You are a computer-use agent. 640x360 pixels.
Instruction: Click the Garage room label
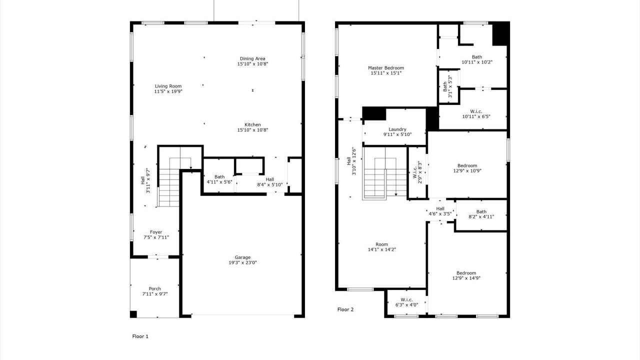click(242, 257)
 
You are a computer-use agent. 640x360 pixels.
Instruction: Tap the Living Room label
click(168, 86)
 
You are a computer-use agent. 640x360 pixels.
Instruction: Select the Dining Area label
click(252, 58)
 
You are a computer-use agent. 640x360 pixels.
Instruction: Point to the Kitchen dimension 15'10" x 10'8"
click(252, 130)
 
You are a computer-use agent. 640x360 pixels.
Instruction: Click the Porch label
click(155, 289)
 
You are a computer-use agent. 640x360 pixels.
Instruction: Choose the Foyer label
click(156, 232)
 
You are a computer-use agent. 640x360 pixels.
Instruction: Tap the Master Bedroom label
click(386, 68)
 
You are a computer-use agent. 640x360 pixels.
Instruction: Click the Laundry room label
click(397, 129)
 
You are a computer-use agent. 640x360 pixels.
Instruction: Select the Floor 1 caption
click(140, 336)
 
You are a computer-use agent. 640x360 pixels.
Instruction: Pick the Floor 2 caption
click(345, 309)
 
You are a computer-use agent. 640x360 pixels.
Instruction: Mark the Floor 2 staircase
click(384, 173)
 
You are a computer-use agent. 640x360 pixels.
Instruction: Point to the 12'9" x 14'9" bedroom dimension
click(466, 278)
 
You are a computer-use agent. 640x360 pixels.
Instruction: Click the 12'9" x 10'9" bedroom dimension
click(467, 171)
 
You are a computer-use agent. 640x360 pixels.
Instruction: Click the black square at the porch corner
click(133, 314)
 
